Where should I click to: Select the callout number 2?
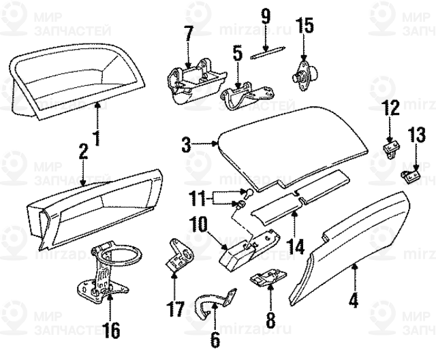pyautogui.click(x=82, y=152)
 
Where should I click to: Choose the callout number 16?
pyautogui.click(x=110, y=331)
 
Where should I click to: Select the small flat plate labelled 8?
pyautogui.click(x=267, y=278)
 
